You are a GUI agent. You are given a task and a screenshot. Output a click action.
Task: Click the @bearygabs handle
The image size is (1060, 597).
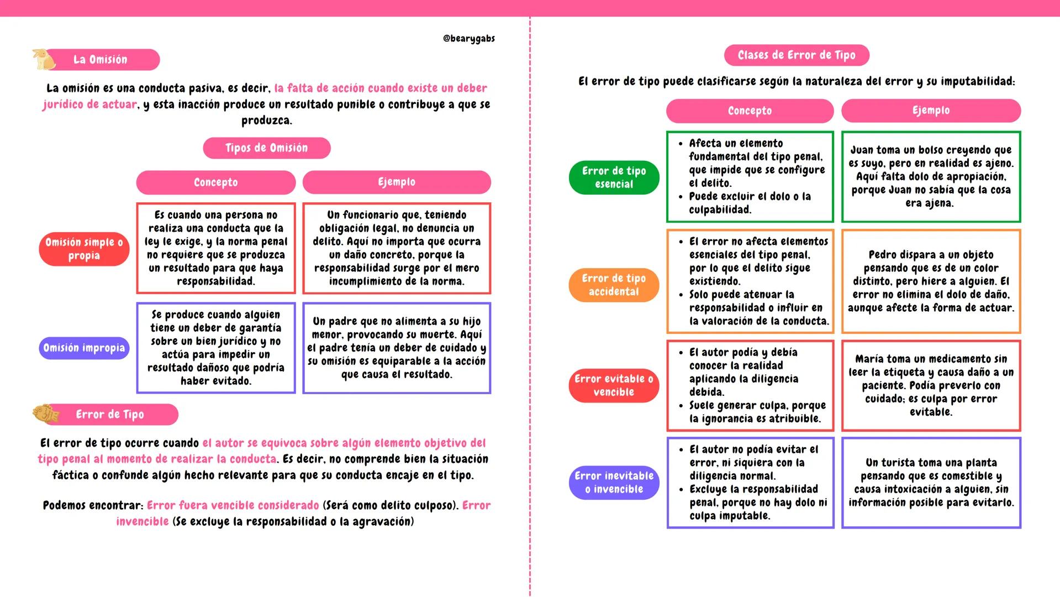tap(468, 39)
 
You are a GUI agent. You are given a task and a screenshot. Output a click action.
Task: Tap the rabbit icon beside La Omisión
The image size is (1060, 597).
tap(42, 59)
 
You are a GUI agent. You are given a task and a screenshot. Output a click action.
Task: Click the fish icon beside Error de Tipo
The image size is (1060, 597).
tap(46, 413)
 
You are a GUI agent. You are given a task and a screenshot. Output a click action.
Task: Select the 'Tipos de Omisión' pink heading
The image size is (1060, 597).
tap(266, 148)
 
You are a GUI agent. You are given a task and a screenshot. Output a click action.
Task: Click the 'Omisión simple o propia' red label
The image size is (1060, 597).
tap(84, 249)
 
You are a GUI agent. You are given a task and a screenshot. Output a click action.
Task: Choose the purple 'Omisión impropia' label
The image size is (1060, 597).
tap(84, 348)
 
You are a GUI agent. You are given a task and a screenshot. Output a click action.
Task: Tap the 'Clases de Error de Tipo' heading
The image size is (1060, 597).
tap(796, 55)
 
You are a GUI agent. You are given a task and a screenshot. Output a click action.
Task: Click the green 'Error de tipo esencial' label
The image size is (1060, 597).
tap(614, 177)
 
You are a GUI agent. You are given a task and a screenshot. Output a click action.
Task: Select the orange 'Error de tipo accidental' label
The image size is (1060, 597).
tap(614, 285)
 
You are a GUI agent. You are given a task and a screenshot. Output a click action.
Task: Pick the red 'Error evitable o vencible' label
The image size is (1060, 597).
tap(614, 385)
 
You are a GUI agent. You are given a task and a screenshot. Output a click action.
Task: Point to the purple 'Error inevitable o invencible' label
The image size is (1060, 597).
tap(614, 483)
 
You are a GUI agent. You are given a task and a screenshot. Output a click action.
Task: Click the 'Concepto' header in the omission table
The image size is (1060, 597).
tap(215, 182)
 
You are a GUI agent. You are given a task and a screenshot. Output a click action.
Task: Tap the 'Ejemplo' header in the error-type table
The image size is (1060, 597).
tap(931, 111)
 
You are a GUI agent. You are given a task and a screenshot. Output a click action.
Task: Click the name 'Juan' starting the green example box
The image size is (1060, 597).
tap(862, 150)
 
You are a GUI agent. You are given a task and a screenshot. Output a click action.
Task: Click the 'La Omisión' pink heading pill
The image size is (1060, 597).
tap(100, 60)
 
